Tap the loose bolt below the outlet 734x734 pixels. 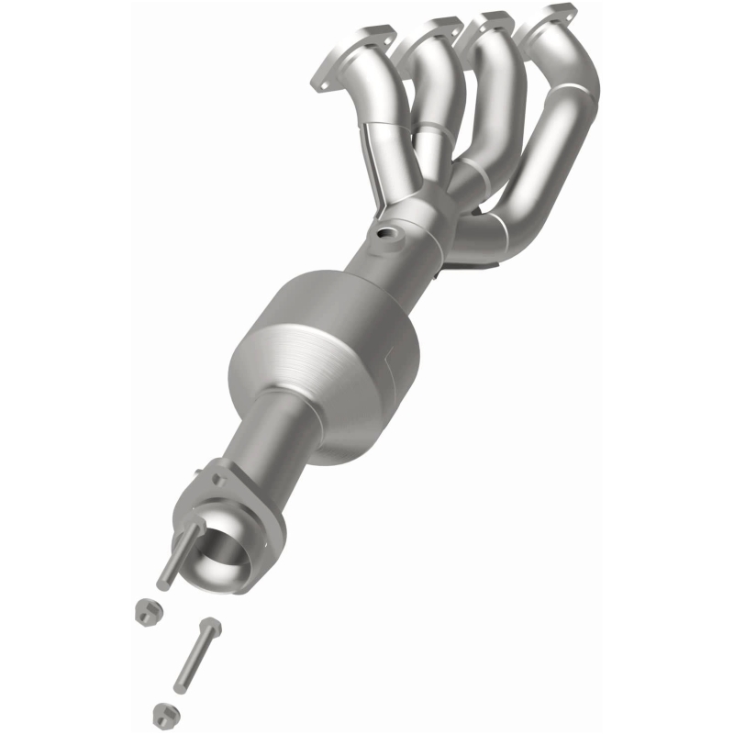(x=196, y=655)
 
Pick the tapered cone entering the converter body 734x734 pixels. (x=385, y=275)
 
